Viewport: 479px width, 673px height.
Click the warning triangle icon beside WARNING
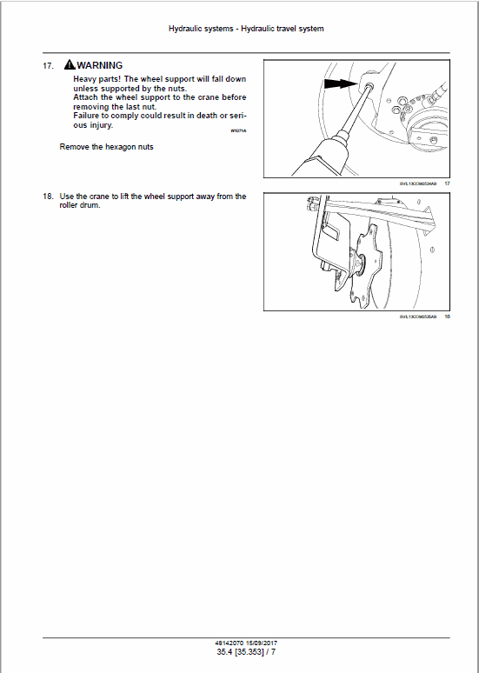click(x=70, y=65)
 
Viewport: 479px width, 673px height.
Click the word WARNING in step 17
click(x=100, y=65)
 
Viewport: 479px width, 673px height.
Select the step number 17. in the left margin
click(x=49, y=66)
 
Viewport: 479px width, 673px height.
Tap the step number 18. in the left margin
click(x=49, y=197)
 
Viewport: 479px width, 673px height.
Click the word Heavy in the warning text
click(x=85, y=79)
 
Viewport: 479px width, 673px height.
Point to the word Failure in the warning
click(x=88, y=116)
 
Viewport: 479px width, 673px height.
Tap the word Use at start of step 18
click(x=67, y=197)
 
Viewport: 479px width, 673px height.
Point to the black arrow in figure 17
click(x=339, y=84)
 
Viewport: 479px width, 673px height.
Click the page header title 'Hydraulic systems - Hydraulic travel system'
click(x=246, y=29)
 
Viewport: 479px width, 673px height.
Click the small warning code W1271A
click(x=238, y=130)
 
